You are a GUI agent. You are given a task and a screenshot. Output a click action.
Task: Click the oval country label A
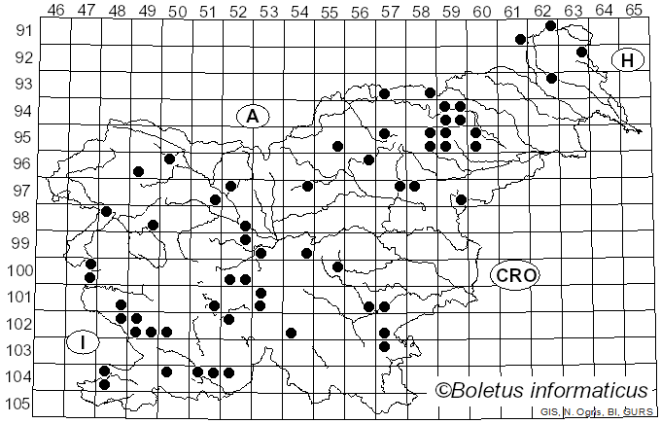pyautogui.click(x=252, y=117)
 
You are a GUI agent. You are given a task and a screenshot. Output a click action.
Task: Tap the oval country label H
pyautogui.click(x=628, y=60)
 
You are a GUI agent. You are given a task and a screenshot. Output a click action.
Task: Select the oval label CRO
pyautogui.click(x=514, y=275)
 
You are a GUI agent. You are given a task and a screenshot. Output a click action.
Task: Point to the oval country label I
pyautogui.click(x=84, y=342)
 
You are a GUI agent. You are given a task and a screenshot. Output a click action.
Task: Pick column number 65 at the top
pyautogui.click(x=633, y=11)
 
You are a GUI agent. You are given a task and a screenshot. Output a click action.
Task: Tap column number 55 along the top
pyautogui.click(x=330, y=11)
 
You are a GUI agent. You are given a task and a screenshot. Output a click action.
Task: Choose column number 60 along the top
pyautogui.click(x=481, y=11)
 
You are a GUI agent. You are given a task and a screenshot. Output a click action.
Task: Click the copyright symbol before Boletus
pyautogui.click(x=443, y=391)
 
